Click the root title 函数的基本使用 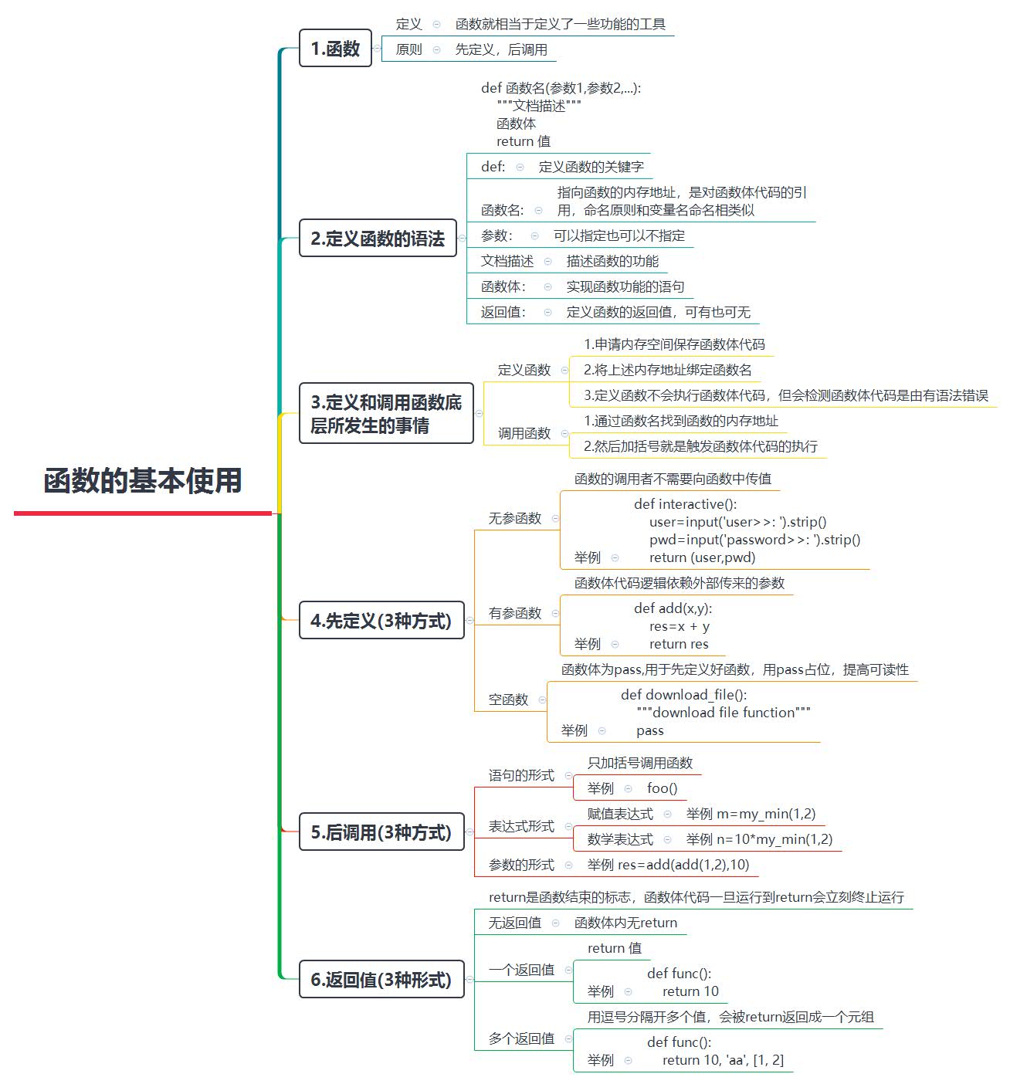pos(143,480)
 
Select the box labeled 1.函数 pos(335,49)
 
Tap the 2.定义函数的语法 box pos(378,239)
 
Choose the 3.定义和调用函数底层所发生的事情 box pos(386,414)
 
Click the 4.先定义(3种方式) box pos(381,621)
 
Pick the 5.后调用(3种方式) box pos(381,832)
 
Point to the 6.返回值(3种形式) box pos(381,980)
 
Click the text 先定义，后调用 pos(501,49)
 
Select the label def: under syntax pos(493,167)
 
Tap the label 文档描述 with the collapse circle pos(507,261)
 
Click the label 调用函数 pos(524,433)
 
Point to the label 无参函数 pos(515,518)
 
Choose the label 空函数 pos(508,700)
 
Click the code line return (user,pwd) pos(702,557)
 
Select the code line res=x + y pos(679,626)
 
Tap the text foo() pos(662,788)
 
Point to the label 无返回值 pos(515,923)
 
